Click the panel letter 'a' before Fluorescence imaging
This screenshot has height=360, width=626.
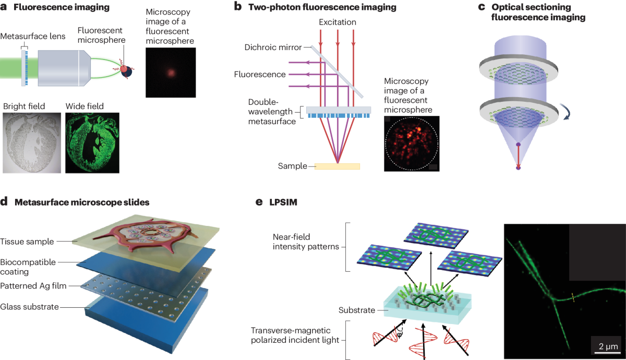4,8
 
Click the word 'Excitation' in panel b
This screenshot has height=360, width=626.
338,22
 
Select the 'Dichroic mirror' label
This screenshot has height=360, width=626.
273,47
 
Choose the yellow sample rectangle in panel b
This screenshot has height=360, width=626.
337,166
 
